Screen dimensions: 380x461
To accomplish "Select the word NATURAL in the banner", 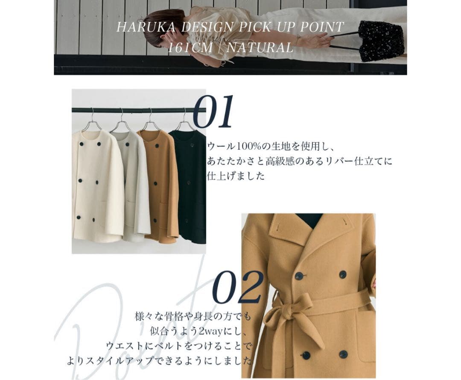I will tap(260, 47).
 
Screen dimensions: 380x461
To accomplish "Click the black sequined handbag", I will tap(381, 41).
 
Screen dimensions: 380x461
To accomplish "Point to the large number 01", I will tap(213, 112).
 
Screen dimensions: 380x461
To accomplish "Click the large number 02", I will tap(237, 287).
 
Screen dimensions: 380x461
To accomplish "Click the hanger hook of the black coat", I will tap(184, 118).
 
